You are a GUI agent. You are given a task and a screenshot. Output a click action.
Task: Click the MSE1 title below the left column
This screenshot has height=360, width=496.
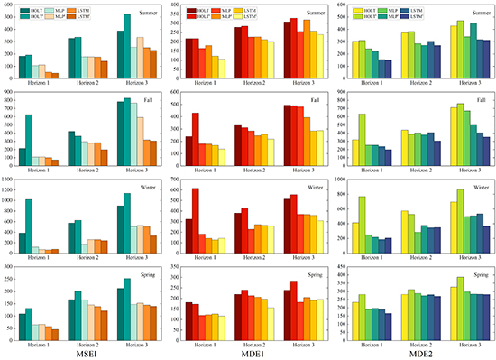point(87,353)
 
